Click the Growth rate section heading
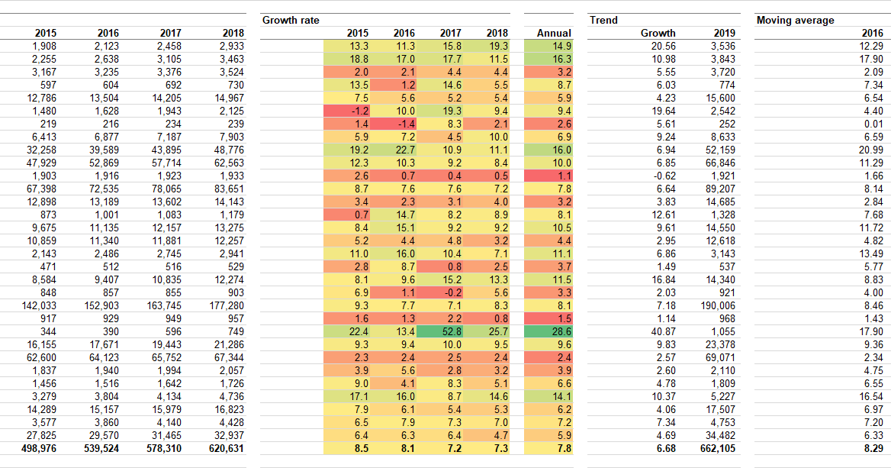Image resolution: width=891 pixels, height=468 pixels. (291, 20)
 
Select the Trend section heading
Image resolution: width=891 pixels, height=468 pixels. (603, 20)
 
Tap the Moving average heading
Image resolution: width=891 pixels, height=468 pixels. (795, 20)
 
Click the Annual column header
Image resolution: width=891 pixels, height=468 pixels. (554, 33)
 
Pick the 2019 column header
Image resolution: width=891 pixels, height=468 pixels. (724, 33)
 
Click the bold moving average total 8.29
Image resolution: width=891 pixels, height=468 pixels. (873, 448)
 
